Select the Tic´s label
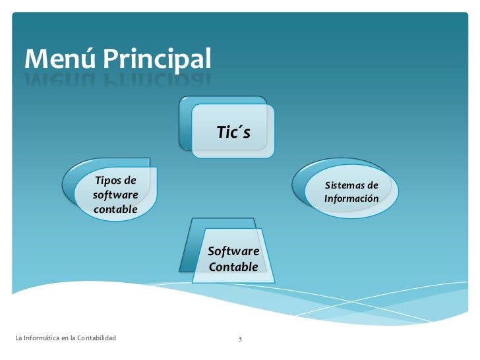(233, 133)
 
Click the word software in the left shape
(115, 195)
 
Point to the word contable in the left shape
(115, 210)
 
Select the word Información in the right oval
(351, 198)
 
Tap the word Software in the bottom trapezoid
(233, 251)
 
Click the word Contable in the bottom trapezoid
(233, 267)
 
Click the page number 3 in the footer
(240, 339)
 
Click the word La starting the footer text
(18, 338)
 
